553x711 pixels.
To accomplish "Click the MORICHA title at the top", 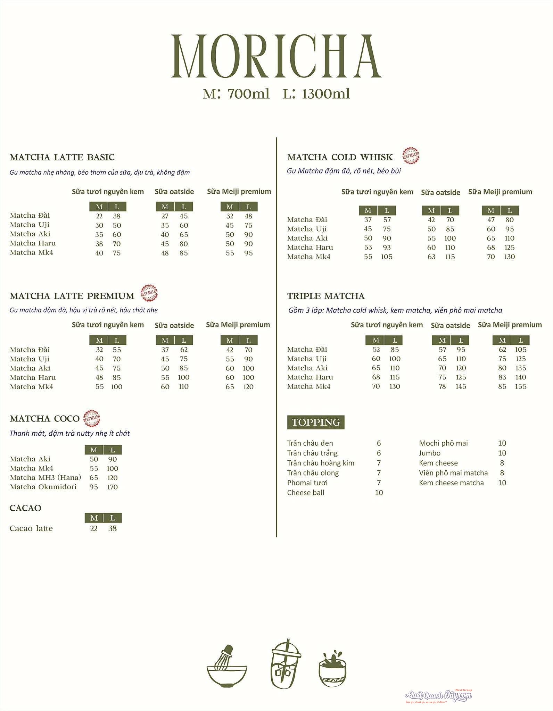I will pyautogui.click(x=276, y=56).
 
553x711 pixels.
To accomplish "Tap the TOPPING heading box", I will pyautogui.click(x=315, y=422).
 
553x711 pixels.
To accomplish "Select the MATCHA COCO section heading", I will pyautogui.click(x=44, y=419).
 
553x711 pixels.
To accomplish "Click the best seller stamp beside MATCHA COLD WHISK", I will pyautogui.click(x=411, y=156).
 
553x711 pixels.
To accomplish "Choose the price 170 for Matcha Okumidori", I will pyautogui.click(x=112, y=487).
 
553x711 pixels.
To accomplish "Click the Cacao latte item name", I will pyautogui.click(x=31, y=529).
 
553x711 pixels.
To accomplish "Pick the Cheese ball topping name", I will pyautogui.click(x=305, y=493).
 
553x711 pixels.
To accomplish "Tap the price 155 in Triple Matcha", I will pyautogui.click(x=520, y=386).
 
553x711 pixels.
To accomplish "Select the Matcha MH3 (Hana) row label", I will pyautogui.click(x=45, y=477).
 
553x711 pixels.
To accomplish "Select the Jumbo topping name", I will pyautogui.click(x=429, y=453).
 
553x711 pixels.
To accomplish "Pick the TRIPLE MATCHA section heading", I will pyautogui.click(x=325, y=296).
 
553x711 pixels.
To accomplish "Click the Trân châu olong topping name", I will pyautogui.click(x=313, y=473).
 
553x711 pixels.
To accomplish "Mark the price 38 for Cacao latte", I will pyautogui.click(x=112, y=529).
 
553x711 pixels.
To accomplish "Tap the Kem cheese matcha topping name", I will pyautogui.click(x=451, y=483).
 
